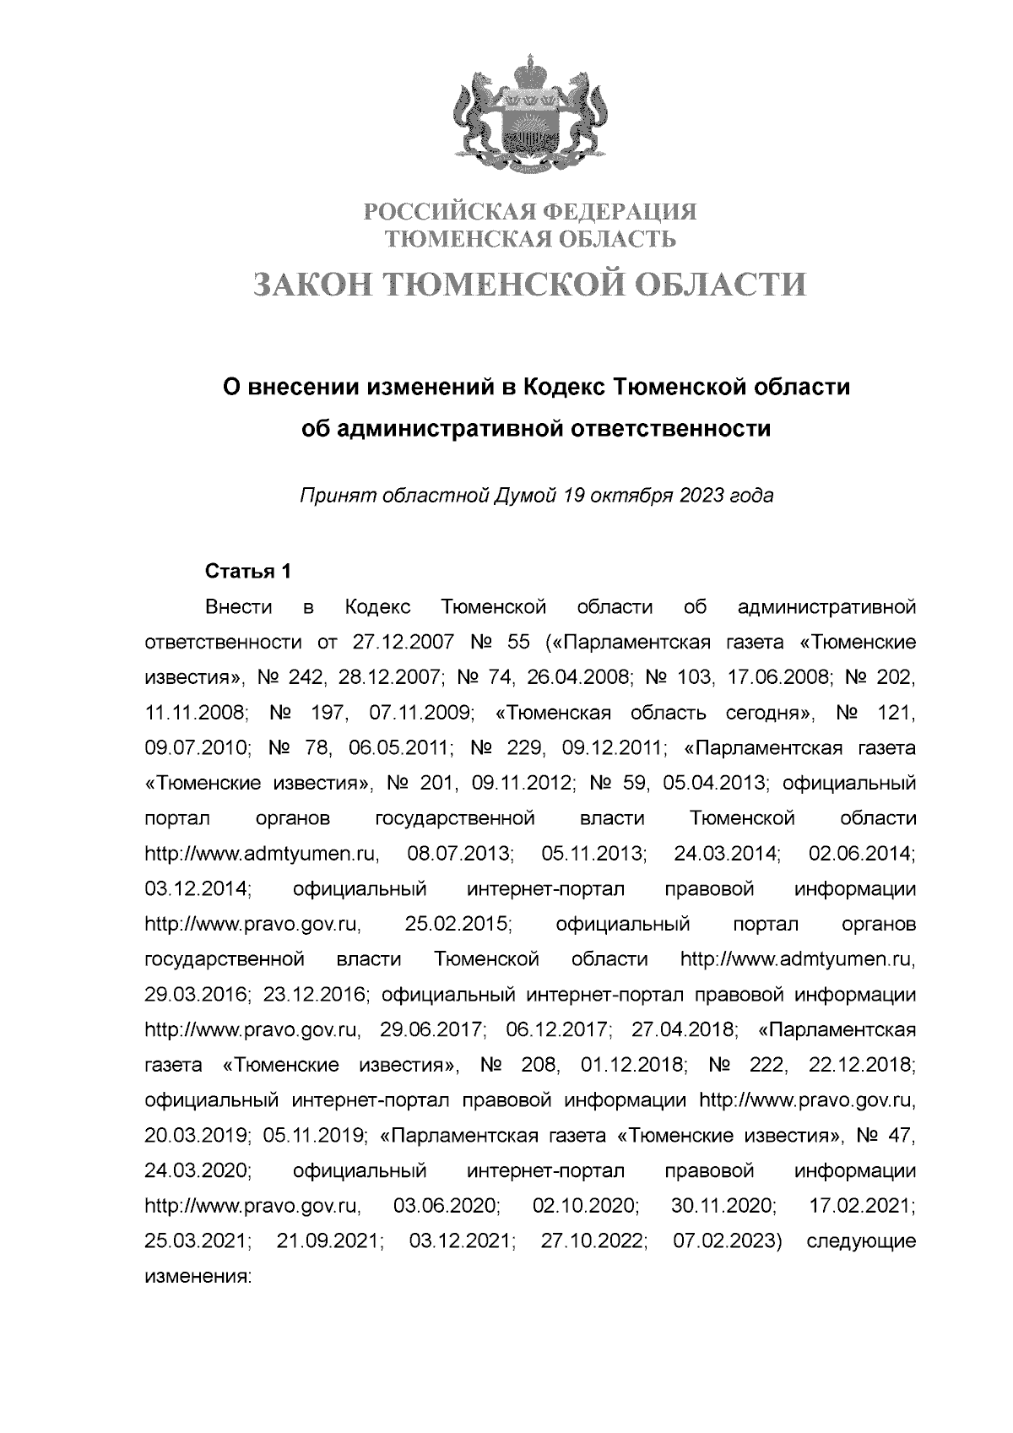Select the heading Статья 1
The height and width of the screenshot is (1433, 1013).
click(x=248, y=571)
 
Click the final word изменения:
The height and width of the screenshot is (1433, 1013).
click(x=198, y=1278)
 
